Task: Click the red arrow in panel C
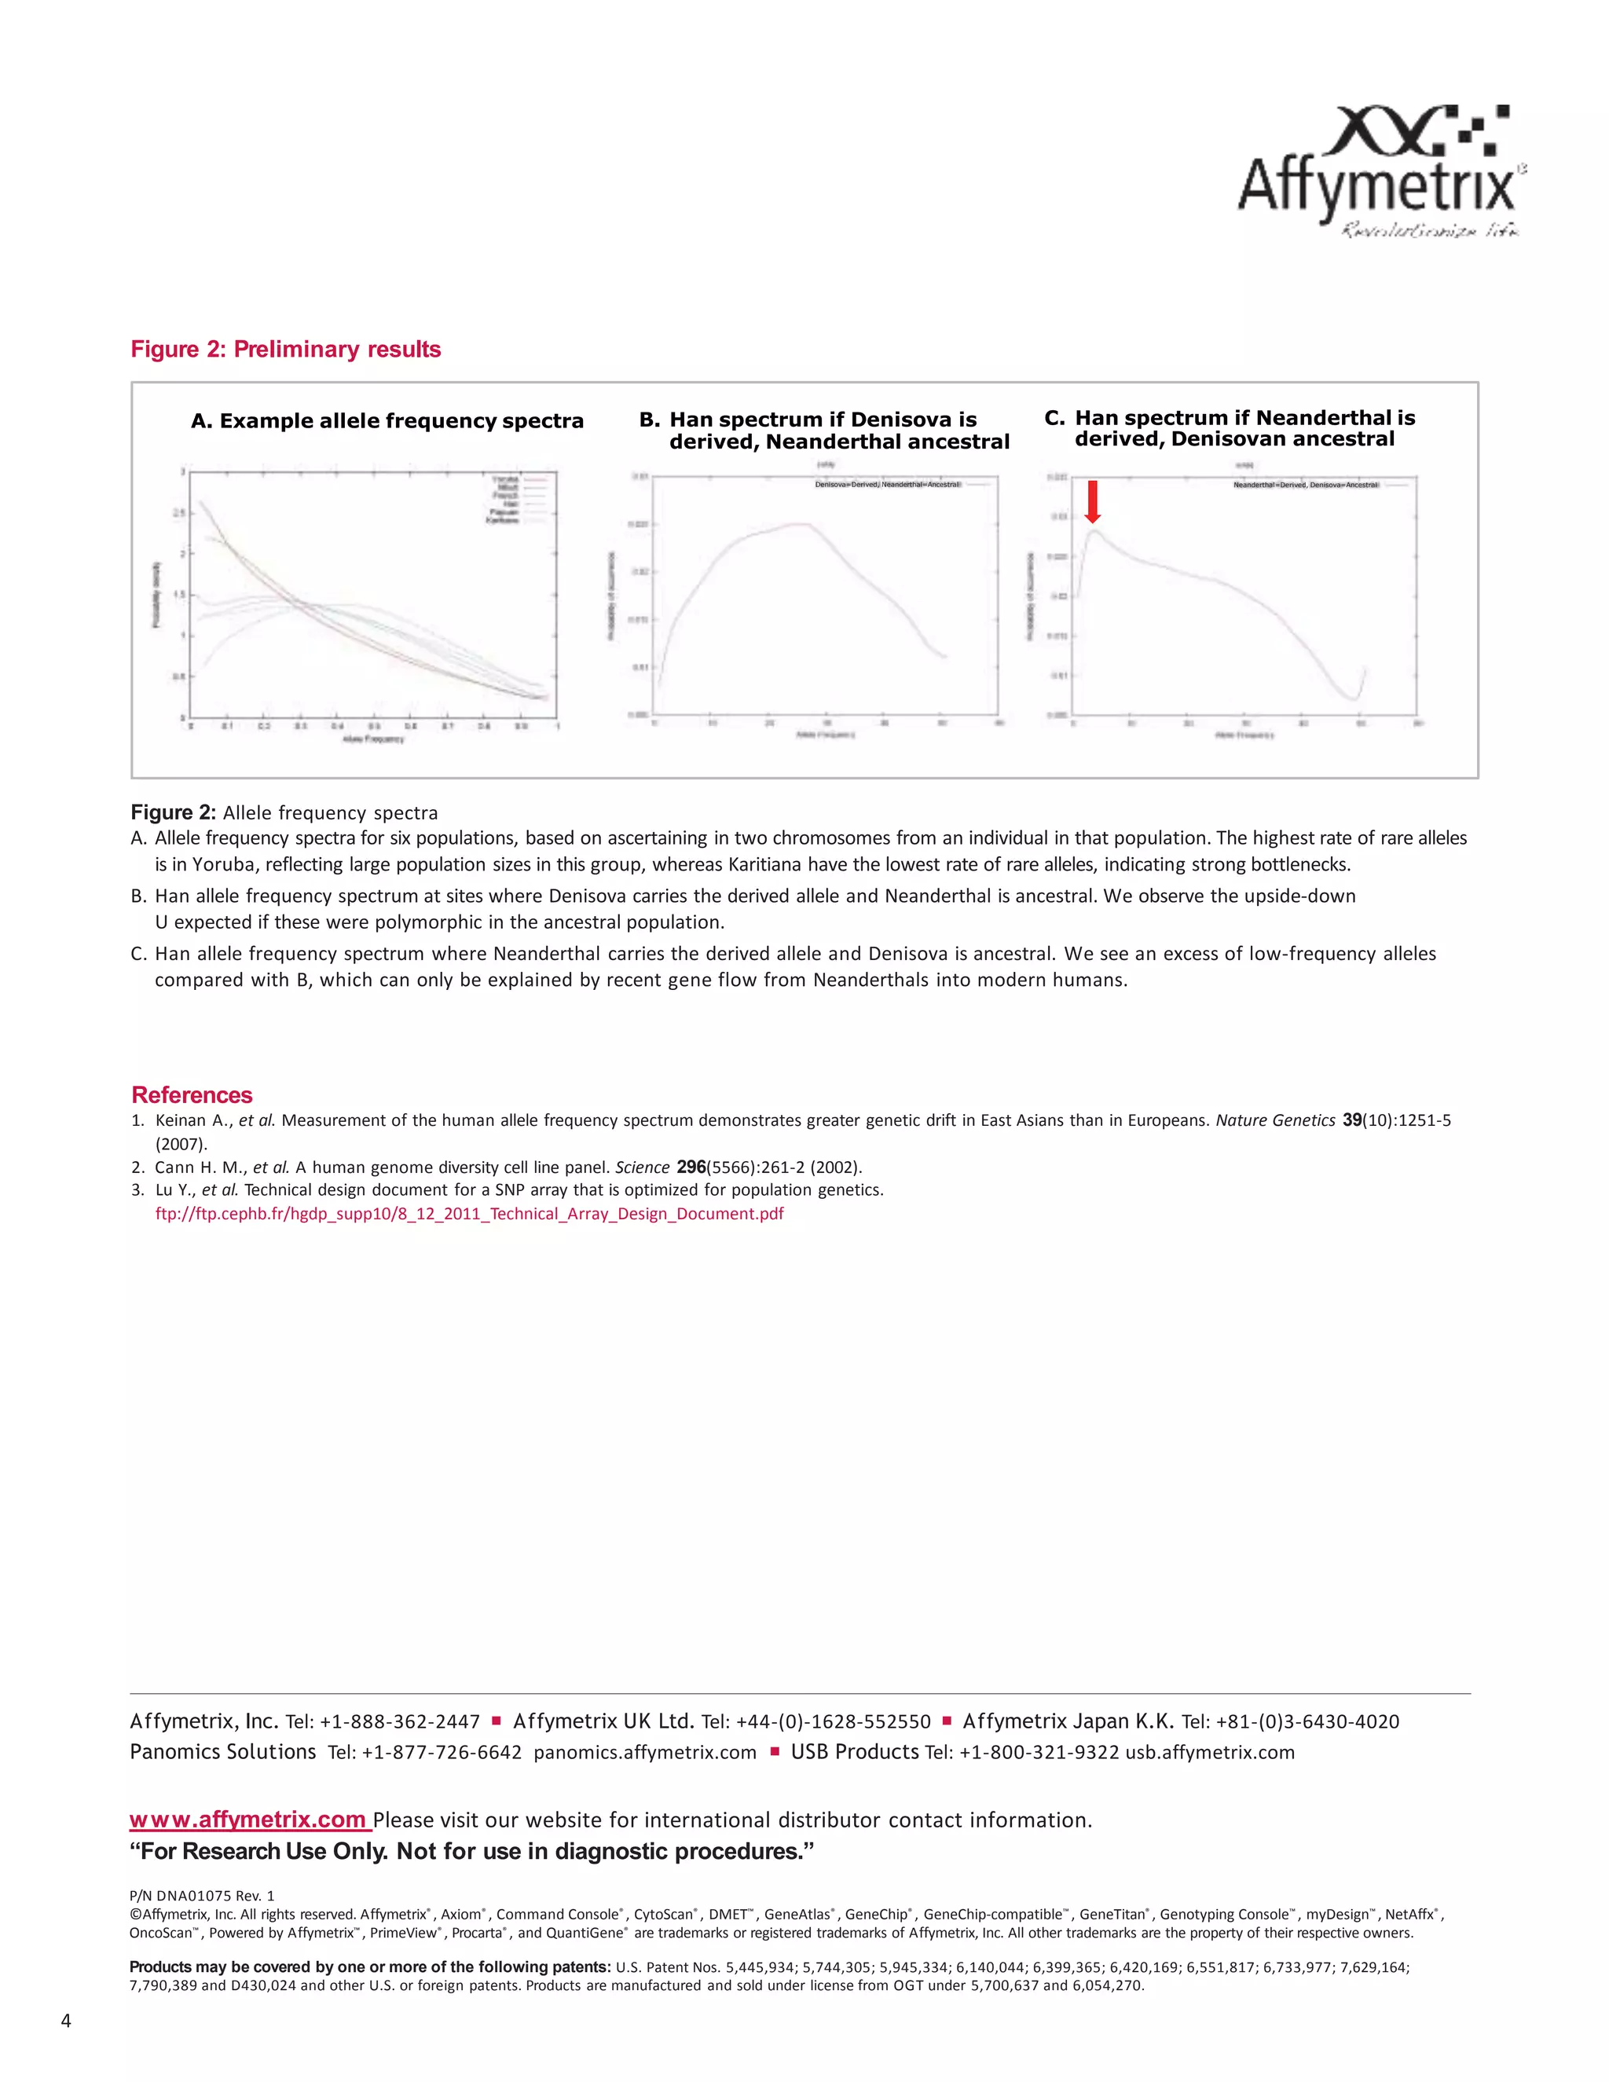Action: pyautogui.click(x=1092, y=501)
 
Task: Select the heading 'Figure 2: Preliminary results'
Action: pyautogui.click(x=285, y=349)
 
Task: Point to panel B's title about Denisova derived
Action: pyautogui.click(x=824, y=430)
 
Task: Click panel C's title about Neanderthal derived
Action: pyautogui.click(x=1230, y=428)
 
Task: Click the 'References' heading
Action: pyautogui.click(x=192, y=1094)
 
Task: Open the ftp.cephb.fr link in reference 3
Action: pyautogui.click(x=469, y=1214)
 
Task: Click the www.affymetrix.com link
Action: pyautogui.click(x=249, y=1820)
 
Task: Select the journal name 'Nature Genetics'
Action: pyautogui.click(x=1274, y=1120)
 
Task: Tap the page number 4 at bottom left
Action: pyautogui.click(x=66, y=2021)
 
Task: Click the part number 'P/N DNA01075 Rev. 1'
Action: pyautogui.click(x=201, y=1895)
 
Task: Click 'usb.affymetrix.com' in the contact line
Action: pyautogui.click(x=1208, y=1752)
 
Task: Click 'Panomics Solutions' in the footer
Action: pyautogui.click(x=223, y=1752)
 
